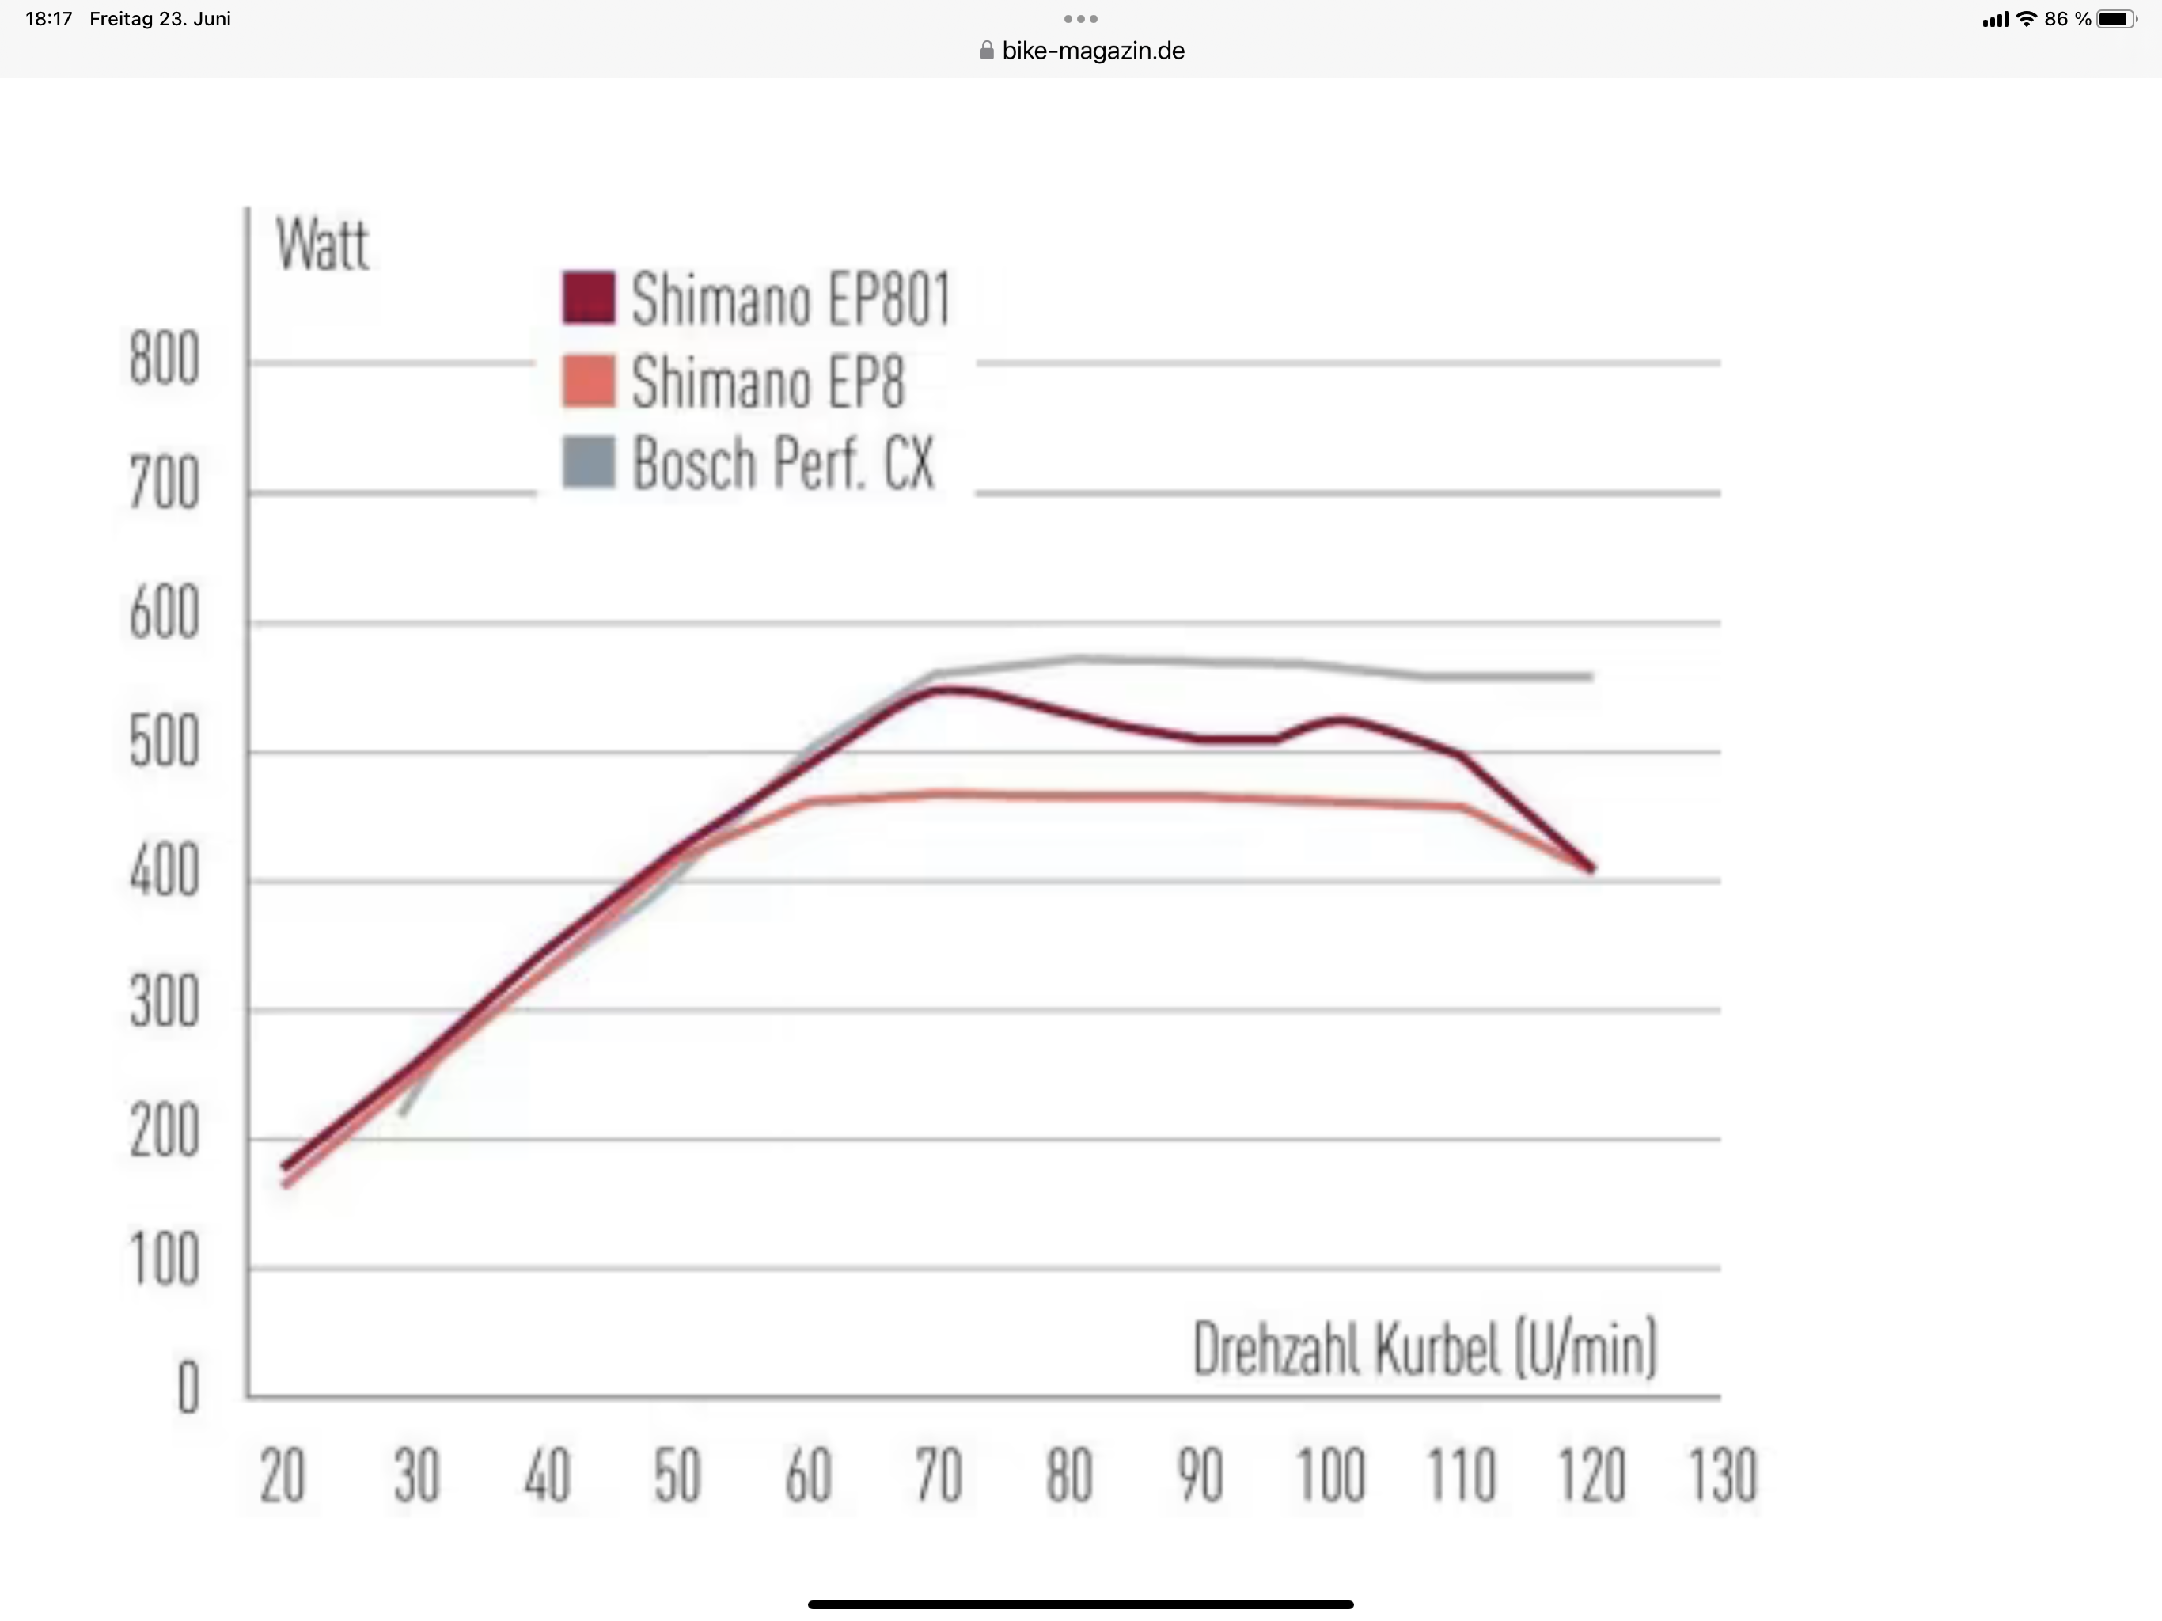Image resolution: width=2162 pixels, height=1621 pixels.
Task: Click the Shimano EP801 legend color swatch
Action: click(x=589, y=298)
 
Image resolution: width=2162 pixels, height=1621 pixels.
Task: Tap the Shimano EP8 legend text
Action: click(x=768, y=382)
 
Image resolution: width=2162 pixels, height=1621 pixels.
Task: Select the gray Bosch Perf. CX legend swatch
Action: click(x=589, y=461)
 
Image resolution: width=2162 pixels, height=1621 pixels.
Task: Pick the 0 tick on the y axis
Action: click(x=188, y=1388)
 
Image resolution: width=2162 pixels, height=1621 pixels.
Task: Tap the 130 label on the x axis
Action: click(x=1723, y=1476)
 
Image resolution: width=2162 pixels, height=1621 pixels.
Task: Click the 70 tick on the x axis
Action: click(x=939, y=1476)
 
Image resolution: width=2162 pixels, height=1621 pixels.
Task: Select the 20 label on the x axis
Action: click(x=283, y=1476)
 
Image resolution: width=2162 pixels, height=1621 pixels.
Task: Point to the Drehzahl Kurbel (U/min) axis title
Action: click(x=1425, y=1350)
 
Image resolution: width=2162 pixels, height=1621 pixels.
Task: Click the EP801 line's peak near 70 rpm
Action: click(x=944, y=690)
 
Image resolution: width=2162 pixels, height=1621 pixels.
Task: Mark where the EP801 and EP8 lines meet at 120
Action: click(x=1592, y=867)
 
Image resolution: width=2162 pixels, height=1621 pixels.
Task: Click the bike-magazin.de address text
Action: click(x=1093, y=51)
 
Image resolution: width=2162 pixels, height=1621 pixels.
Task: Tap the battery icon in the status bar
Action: click(x=2117, y=18)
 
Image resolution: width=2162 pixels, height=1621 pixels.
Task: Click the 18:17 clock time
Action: click(x=49, y=18)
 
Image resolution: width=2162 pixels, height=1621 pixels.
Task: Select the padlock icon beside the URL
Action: click(x=986, y=51)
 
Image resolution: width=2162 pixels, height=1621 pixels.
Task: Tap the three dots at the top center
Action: click(x=1080, y=18)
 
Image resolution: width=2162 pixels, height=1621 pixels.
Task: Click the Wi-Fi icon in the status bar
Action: click(x=2027, y=18)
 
